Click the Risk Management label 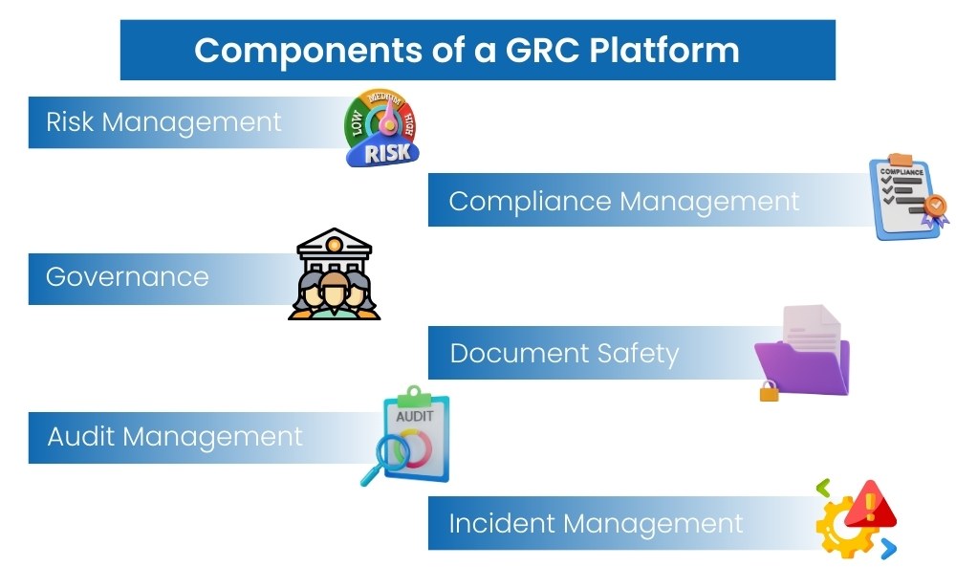coord(163,122)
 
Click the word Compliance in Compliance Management coord(530,202)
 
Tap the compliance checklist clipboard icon coord(904,197)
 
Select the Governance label coord(127,277)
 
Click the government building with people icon coord(335,274)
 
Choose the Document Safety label coord(564,354)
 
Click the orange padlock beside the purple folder coord(769,390)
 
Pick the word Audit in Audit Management coord(81,437)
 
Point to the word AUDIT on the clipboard coord(413,416)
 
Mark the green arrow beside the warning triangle coord(823,489)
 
